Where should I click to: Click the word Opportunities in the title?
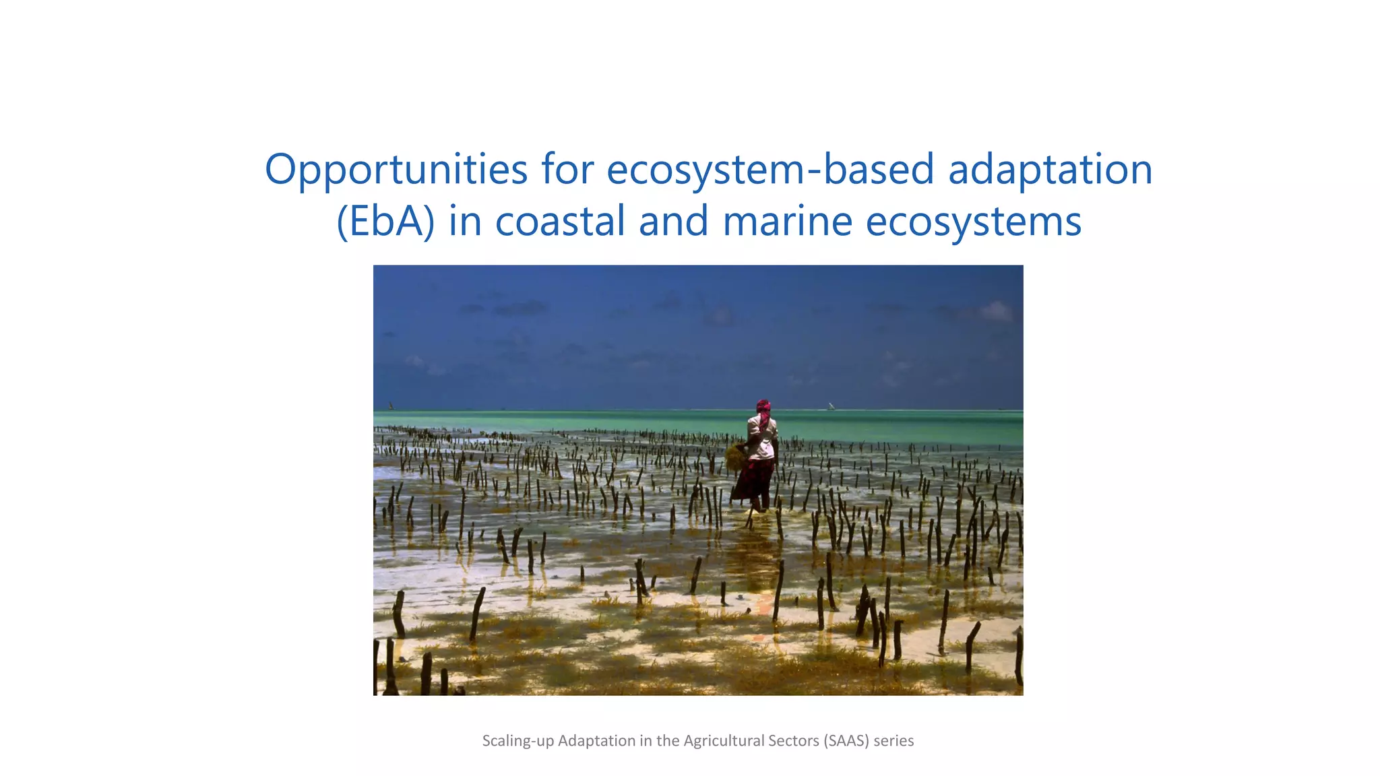tap(396, 170)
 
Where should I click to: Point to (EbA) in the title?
tap(385, 222)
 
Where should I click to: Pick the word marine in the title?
tap(787, 222)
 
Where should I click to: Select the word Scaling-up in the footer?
tap(518, 741)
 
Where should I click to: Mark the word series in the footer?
tap(893, 741)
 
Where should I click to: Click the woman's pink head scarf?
tap(763, 408)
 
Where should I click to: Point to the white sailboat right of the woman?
tap(831, 406)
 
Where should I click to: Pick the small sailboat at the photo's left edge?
tap(391, 406)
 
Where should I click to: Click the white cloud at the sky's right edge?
tap(996, 311)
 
